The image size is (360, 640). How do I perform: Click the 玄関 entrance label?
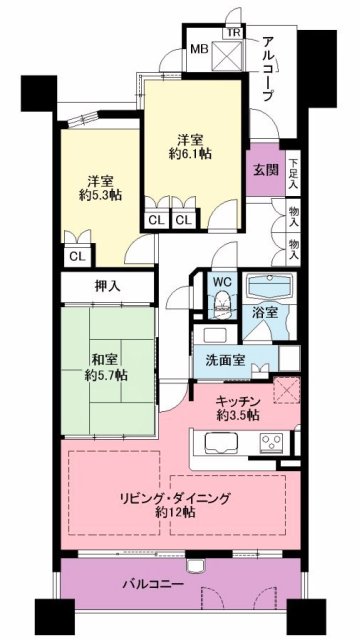point(267,171)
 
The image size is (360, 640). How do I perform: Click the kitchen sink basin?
point(221,442)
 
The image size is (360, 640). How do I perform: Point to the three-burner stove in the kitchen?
point(271,441)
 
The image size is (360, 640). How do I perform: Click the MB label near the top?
point(200,49)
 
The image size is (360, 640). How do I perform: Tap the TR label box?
point(233,33)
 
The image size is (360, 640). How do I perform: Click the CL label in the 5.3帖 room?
point(78,256)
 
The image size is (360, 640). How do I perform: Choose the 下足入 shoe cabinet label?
point(293,172)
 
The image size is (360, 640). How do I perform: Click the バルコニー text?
point(153,584)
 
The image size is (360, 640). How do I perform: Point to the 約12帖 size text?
point(175,511)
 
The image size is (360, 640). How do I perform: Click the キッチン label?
point(237,402)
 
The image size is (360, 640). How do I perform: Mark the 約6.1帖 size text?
point(191,153)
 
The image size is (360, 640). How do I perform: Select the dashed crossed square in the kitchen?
point(287,390)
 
